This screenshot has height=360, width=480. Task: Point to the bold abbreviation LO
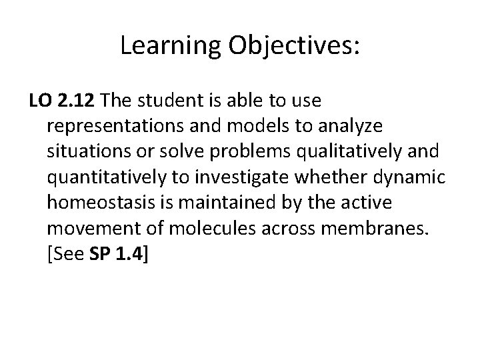click(40, 101)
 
